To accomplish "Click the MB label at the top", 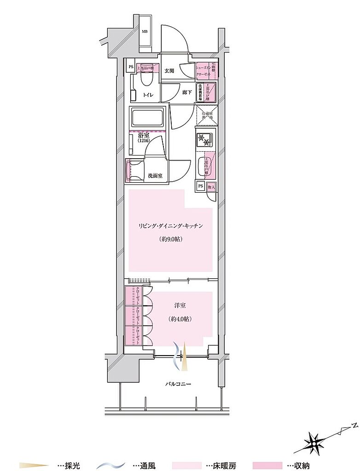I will [x=145, y=32].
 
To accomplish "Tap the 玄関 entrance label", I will [x=169, y=71].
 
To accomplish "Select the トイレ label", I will [x=148, y=95].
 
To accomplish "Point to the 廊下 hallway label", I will [x=186, y=92].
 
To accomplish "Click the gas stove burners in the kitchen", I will [x=205, y=139].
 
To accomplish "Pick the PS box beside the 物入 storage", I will [x=201, y=186].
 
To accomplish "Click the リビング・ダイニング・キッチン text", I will [x=170, y=226].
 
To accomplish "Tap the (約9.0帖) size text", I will [x=170, y=239].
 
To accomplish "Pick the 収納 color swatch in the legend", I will [x=267, y=465].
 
